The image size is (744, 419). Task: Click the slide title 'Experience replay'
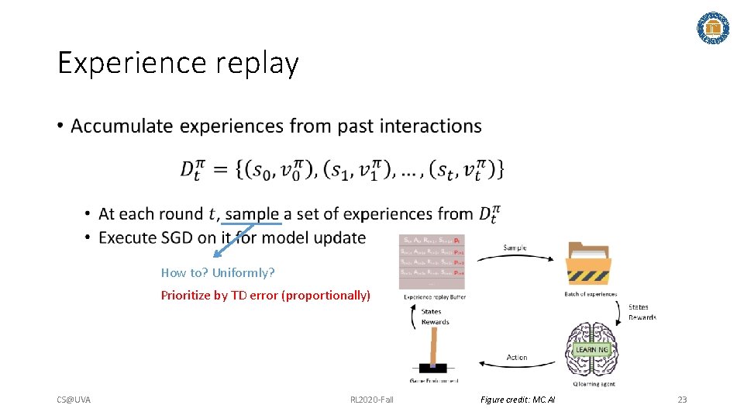tap(177, 63)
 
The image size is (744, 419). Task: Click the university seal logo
tap(713, 28)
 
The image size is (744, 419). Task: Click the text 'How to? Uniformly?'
tap(218, 272)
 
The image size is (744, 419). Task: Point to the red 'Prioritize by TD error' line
tap(265, 295)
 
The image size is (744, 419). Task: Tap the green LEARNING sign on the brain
tap(592, 350)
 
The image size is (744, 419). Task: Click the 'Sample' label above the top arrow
tap(515, 248)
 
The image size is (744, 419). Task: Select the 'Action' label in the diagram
tap(517, 358)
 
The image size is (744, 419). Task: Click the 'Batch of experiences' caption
tap(591, 294)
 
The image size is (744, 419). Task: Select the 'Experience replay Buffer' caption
tap(434, 296)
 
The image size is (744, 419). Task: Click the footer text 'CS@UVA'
tap(74, 400)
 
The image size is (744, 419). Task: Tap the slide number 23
tap(682, 400)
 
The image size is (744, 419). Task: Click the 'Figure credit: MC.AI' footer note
tap(518, 400)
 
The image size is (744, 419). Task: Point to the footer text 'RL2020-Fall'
tap(372, 400)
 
